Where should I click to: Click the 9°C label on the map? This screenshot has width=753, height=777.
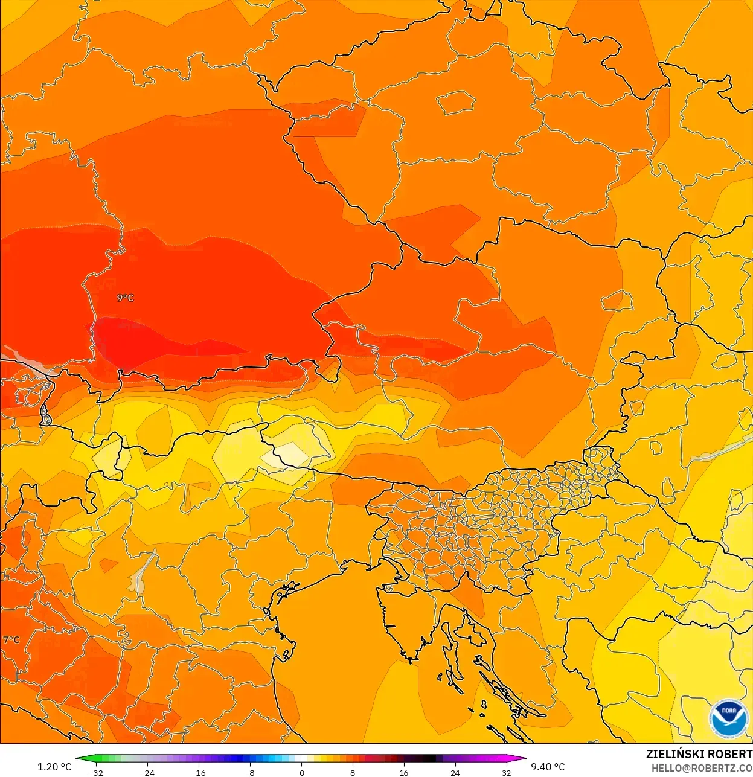click(125, 298)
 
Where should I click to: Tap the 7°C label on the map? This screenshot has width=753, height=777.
click(11, 640)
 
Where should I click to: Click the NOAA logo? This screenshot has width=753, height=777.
click(729, 718)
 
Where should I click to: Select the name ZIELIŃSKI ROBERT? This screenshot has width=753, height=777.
click(699, 754)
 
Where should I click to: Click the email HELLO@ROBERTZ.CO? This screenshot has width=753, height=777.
click(702, 768)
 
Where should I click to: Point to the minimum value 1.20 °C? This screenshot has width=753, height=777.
click(54, 767)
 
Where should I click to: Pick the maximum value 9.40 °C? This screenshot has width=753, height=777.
click(548, 767)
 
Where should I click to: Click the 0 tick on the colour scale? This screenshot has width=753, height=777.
click(301, 773)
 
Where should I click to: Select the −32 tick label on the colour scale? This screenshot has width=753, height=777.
click(95, 773)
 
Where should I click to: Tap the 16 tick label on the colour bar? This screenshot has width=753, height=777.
click(403, 773)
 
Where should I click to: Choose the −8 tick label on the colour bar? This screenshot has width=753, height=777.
click(249, 773)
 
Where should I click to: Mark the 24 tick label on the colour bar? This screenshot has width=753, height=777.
click(455, 773)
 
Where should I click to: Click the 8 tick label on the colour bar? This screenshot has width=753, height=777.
click(353, 773)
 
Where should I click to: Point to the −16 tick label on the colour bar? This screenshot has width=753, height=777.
click(198, 773)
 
